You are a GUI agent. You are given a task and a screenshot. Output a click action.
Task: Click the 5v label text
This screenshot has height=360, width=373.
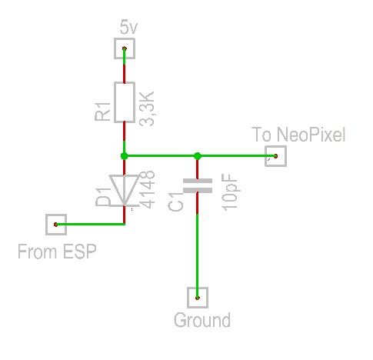point(128,28)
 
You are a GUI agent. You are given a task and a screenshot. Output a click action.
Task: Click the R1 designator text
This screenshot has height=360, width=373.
point(102,112)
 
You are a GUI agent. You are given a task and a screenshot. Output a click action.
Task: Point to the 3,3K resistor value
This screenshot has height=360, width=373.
point(147,108)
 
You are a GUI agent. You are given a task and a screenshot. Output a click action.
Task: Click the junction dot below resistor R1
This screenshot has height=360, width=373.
point(125,155)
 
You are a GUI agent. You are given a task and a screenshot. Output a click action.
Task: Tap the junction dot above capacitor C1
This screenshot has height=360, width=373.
point(198,155)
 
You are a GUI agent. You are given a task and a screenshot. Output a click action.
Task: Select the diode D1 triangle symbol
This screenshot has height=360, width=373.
point(125,191)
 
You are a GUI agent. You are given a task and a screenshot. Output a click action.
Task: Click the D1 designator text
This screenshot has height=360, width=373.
point(103,197)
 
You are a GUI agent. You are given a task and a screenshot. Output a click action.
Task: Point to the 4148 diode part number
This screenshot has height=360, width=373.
point(147,190)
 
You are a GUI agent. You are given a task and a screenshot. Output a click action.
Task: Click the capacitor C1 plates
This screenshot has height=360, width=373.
point(198,185)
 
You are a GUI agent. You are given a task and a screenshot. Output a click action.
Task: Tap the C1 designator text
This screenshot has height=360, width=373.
point(176,202)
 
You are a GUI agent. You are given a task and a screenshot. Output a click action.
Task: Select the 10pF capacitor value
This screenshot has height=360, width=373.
point(230,192)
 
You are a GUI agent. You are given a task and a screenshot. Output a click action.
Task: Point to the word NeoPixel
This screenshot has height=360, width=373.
point(311,135)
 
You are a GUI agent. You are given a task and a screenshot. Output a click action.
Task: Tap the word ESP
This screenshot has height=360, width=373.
point(79,252)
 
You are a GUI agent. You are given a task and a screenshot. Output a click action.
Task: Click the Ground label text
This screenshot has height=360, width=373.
point(202,321)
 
